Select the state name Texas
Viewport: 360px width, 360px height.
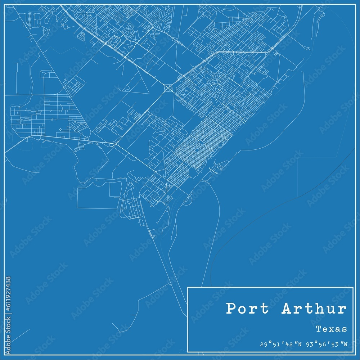coord(331,329)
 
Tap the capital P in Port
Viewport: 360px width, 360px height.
coord(231,309)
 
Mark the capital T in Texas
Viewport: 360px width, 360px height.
coord(318,329)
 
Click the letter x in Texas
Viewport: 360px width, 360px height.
coord(331,329)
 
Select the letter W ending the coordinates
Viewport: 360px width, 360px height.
coord(346,345)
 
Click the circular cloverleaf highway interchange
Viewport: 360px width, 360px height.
coord(168,87)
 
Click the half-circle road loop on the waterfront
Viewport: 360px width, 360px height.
coord(187,201)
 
